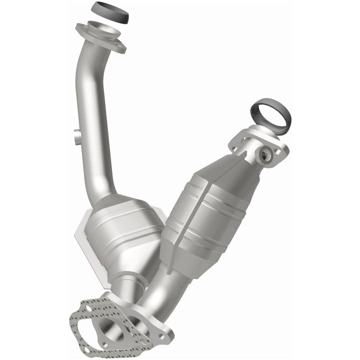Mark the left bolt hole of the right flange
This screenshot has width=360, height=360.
pos(235,145)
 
